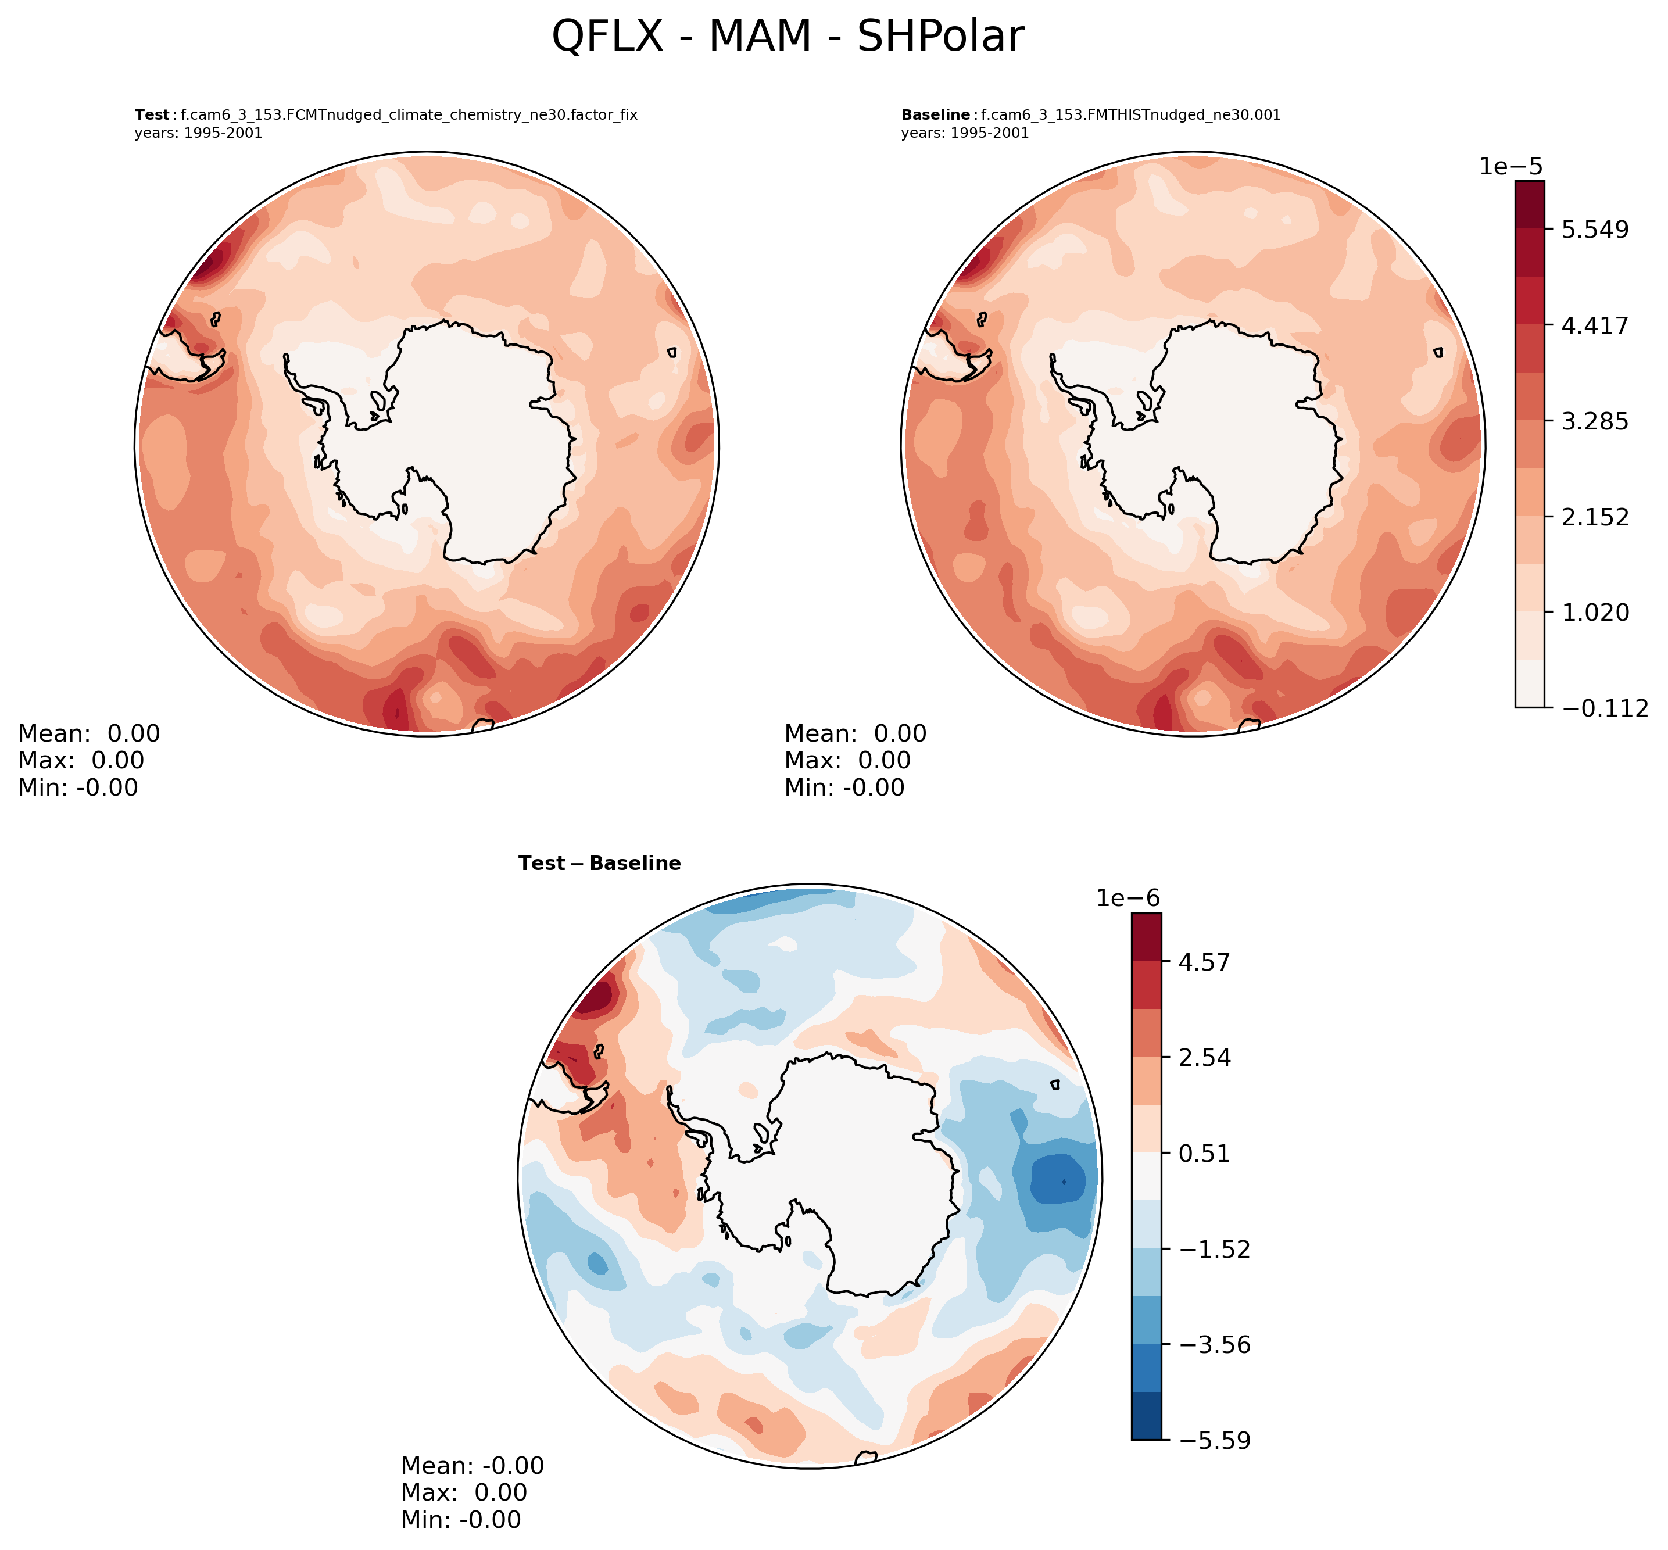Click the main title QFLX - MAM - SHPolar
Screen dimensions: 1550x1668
pos(788,37)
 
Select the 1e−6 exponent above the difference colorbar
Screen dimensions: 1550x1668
pos(1128,899)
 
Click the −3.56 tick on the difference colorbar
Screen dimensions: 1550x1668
pos(1214,1345)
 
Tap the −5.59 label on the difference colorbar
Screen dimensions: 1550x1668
pos(1214,1441)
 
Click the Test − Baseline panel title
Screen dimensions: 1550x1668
pos(600,864)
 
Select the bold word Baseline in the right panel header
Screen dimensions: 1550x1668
pos(935,115)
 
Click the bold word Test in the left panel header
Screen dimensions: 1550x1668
pos(152,115)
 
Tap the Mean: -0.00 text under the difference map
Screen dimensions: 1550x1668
pos(472,1465)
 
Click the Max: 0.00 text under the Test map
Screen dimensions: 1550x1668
pos(81,761)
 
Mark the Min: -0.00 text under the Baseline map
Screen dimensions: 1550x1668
pos(844,787)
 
